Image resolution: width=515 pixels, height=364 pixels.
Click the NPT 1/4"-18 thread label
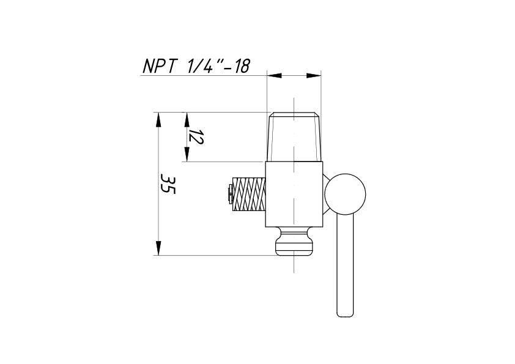pyautogui.click(x=196, y=66)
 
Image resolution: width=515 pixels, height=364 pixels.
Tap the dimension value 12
pyautogui.click(x=196, y=136)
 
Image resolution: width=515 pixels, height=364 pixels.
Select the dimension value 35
pyautogui.click(x=168, y=185)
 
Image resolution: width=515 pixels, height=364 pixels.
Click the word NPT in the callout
pyautogui.click(x=161, y=66)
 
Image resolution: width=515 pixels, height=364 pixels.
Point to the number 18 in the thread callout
pyautogui.click(x=242, y=66)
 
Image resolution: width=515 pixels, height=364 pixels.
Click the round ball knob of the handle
pyautogui.click(x=345, y=194)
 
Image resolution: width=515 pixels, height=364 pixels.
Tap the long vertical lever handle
pyautogui.click(x=345, y=266)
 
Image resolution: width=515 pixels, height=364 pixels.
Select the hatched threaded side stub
pyautogui.click(x=249, y=194)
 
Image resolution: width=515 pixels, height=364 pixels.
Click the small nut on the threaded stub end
pyautogui.click(x=229, y=194)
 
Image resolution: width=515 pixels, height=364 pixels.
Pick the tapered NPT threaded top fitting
pyautogui.click(x=294, y=137)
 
